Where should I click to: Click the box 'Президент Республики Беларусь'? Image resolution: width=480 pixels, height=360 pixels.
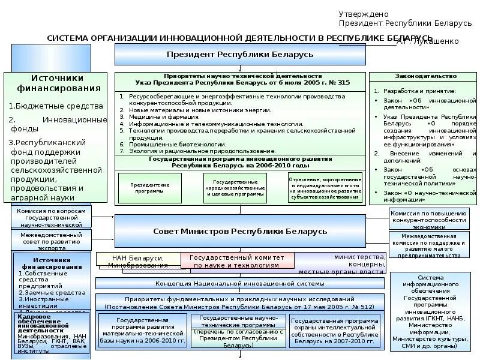click(240, 54)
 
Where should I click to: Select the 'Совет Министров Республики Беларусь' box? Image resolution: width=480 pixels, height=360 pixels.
click(240, 231)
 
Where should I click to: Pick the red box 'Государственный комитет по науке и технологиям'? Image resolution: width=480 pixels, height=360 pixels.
click(238, 260)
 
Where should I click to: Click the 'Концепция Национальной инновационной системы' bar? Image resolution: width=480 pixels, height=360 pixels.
click(240, 283)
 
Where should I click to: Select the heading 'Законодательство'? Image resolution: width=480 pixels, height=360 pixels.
click(425, 77)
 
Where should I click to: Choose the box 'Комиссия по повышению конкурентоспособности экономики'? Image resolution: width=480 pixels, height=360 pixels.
click(428, 220)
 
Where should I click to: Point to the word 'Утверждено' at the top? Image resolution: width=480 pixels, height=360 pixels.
click(364, 14)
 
